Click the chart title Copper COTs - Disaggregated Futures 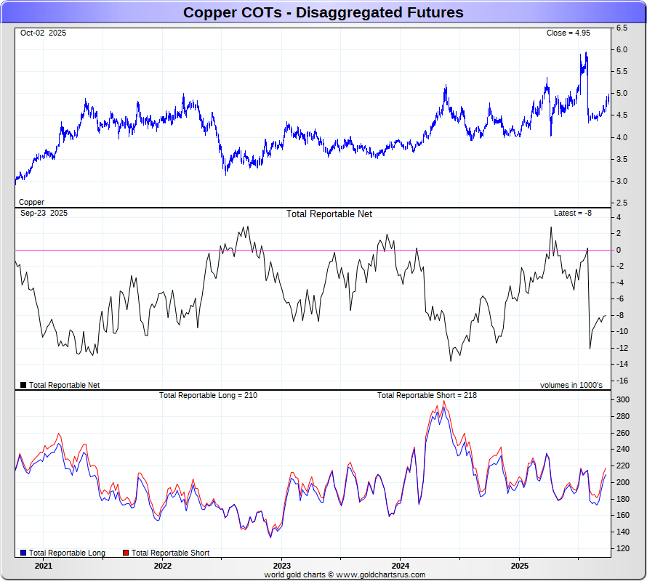323,12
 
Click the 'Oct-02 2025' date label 43,33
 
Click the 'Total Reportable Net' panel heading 329,214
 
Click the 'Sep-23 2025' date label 44,214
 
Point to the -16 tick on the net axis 623,381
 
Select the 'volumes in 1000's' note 571,385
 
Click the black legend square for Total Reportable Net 23,385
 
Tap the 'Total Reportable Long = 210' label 208,395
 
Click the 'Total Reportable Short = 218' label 427,395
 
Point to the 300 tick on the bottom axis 624,400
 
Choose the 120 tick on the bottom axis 624,548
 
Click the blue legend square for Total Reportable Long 23,553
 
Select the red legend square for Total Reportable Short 126,553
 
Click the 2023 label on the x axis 281,566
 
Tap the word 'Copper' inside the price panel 31,202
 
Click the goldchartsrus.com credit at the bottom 345,574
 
